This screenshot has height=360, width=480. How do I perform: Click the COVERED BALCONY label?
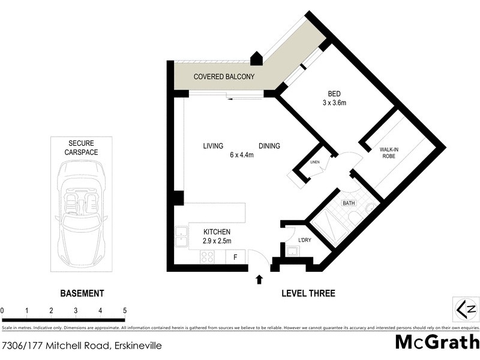click(x=224, y=77)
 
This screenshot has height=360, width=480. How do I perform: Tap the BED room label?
click(x=334, y=94)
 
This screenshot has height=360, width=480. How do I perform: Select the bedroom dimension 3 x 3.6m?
click(x=334, y=103)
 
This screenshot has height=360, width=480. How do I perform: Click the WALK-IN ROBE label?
click(x=393, y=154)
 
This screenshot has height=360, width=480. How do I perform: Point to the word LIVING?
click(x=213, y=146)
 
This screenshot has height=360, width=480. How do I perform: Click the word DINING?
click(x=269, y=146)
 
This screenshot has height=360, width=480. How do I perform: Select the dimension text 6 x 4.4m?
click(x=241, y=155)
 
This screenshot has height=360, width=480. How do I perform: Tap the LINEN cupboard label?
click(x=314, y=163)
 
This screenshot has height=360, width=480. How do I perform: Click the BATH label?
click(x=349, y=203)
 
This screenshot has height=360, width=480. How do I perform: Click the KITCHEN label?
click(x=217, y=232)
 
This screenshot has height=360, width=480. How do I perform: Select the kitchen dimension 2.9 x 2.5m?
click(x=217, y=241)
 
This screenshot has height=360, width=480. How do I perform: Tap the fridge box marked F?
click(x=235, y=257)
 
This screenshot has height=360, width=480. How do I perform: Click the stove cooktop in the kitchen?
click(x=207, y=257)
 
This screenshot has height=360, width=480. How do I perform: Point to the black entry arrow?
click(x=259, y=279)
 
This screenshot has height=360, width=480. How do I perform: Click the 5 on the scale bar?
click(x=124, y=310)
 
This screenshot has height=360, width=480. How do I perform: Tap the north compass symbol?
click(x=466, y=309)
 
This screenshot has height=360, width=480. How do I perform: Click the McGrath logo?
click(x=437, y=342)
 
